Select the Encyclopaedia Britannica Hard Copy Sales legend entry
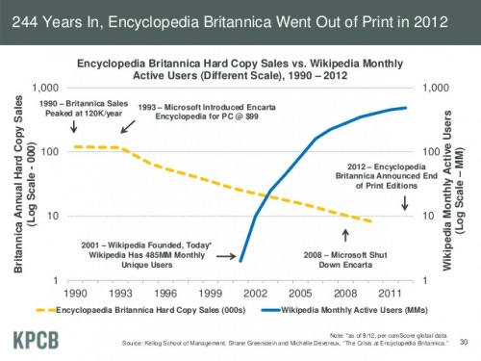(x=149, y=311)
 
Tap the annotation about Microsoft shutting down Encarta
(x=347, y=261)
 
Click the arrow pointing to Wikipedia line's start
(x=224, y=257)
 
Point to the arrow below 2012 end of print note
(x=404, y=203)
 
